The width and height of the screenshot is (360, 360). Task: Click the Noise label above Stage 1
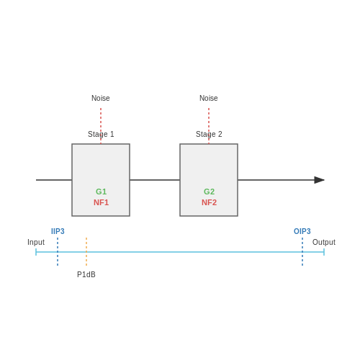point(101,98)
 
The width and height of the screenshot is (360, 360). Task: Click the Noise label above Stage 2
point(209,98)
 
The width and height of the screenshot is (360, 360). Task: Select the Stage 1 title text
point(101,134)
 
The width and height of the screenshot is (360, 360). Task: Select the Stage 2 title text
point(209,134)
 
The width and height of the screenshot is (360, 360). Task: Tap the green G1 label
point(101,192)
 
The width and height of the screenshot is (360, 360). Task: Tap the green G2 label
point(209,192)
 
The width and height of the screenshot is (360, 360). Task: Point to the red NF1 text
point(101,202)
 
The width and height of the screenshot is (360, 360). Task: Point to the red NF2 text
point(209,202)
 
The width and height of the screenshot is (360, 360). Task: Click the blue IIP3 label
point(58,231)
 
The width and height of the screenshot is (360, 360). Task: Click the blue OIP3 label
point(302,231)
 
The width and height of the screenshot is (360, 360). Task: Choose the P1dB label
point(86,274)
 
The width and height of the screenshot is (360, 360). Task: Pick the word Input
point(36,243)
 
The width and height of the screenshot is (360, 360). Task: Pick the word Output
point(324,243)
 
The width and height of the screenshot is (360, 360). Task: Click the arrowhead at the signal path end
point(320,180)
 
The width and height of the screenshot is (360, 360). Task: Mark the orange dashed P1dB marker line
point(86,252)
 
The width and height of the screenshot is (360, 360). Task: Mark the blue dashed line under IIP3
point(58,252)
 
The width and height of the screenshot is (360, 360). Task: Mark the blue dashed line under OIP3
point(302,252)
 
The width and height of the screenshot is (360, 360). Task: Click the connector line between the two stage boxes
point(155,180)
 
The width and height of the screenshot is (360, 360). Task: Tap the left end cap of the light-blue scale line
point(36,252)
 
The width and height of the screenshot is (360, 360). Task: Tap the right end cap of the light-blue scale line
point(324,252)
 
